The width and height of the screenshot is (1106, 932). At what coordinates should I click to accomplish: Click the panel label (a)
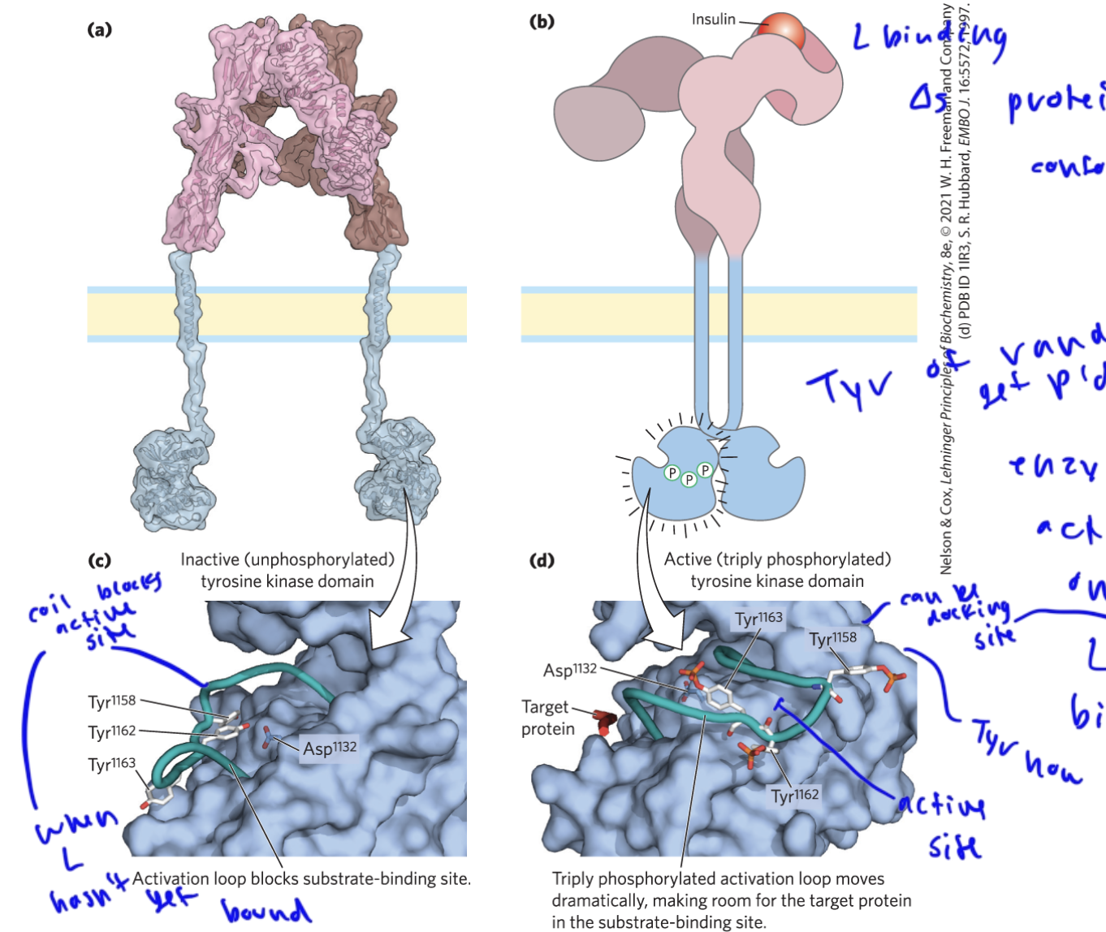coord(99,30)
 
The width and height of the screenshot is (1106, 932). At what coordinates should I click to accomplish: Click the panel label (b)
coord(542,22)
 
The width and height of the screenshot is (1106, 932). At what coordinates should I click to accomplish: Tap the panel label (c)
coord(99,560)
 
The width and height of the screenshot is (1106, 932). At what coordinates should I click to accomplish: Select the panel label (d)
coord(542,560)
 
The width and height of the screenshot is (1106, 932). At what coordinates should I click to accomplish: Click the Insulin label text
coord(713,19)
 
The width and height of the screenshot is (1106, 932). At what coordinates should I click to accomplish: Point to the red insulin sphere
coord(782,32)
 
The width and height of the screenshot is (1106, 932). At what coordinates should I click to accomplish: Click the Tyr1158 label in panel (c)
coord(112,701)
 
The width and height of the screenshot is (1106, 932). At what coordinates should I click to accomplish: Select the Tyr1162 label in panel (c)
coord(112,731)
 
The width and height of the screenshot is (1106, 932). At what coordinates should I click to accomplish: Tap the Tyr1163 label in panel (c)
coord(112,763)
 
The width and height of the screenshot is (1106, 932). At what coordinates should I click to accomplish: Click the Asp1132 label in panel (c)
coord(329,747)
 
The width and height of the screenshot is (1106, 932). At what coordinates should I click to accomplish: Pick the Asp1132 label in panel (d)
coord(570,670)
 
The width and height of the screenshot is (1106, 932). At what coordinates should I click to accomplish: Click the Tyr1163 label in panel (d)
coord(758,619)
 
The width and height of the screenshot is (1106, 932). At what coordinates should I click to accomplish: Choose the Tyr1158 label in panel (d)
coord(832,639)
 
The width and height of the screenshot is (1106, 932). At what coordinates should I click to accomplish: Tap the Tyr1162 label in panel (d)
coord(795,796)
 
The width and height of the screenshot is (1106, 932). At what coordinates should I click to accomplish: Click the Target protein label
coord(547,718)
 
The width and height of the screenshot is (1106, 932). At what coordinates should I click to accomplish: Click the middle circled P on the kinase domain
coord(689,480)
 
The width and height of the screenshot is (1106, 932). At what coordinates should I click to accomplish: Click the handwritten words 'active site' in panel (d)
coord(947,824)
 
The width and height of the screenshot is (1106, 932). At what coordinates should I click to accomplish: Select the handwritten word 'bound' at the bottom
coord(266,911)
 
